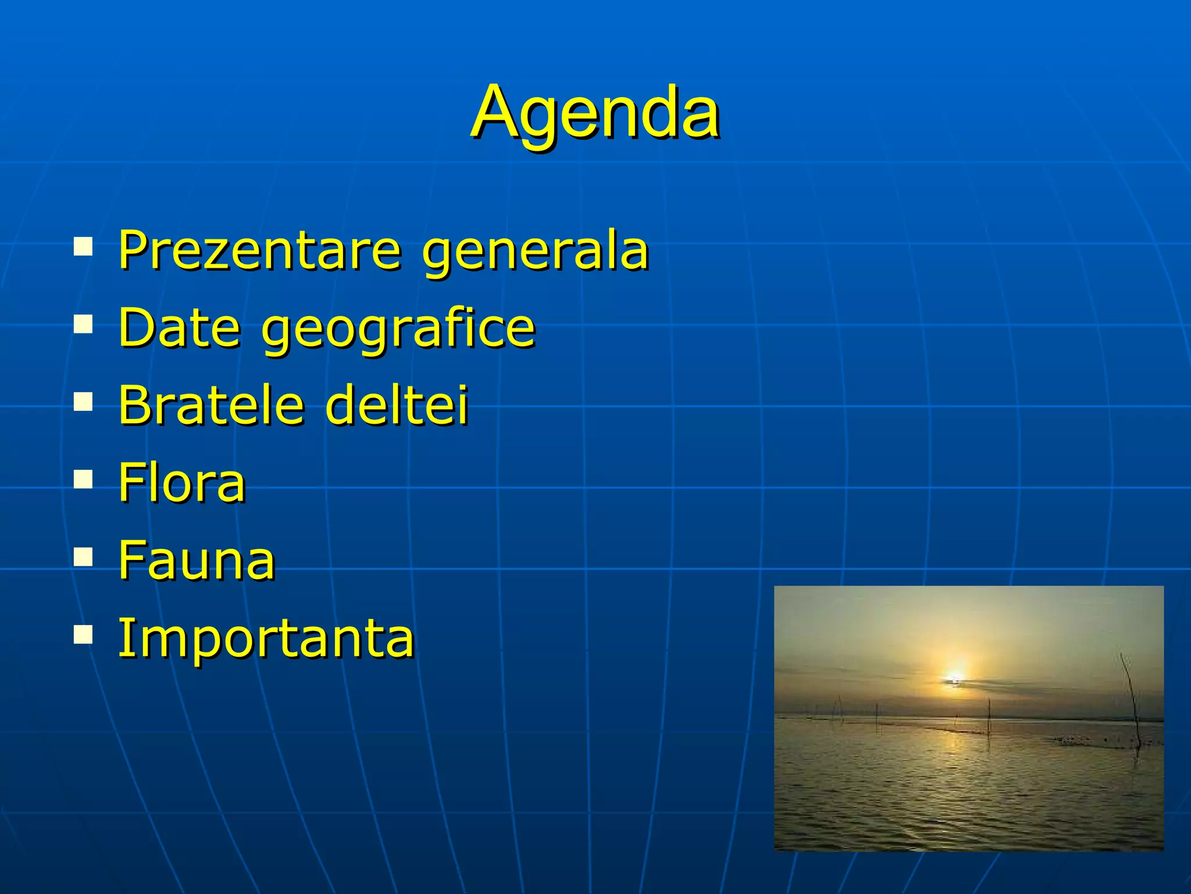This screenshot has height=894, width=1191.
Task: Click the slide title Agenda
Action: [x=595, y=113]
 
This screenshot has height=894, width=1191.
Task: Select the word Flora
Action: [x=182, y=483]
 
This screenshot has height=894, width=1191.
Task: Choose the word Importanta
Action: [x=266, y=638]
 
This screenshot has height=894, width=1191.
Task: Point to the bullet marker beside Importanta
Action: [x=83, y=635]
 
